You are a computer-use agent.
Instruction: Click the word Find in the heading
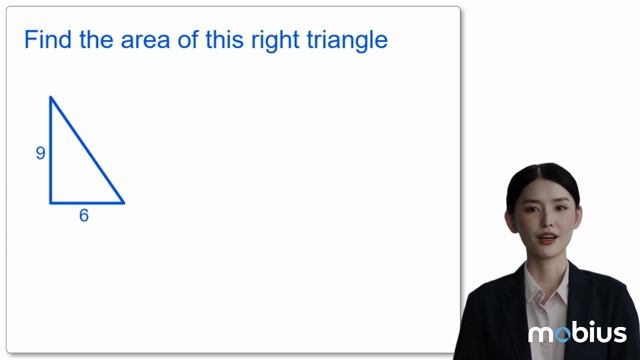click(x=46, y=41)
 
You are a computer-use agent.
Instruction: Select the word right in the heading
click(x=280, y=42)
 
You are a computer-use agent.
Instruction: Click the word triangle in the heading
click(x=349, y=42)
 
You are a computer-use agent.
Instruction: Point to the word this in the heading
click(x=225, y=41)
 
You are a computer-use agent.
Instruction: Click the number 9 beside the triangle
click(x=40, y=153)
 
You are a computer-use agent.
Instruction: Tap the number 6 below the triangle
click(x=84, y=215)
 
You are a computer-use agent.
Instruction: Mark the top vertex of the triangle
click(x=51, y=97)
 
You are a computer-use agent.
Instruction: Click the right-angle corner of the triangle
click(x=51, y=203)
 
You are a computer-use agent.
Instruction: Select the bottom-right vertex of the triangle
click(x=124, y=203)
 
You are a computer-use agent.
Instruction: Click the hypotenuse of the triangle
click(x=88, y=150)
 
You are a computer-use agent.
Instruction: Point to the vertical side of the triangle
click(x=51, y=150)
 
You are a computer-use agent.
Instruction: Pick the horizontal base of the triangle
click(x=87, y=203)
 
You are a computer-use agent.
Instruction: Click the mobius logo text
click(x=577, y=333)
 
